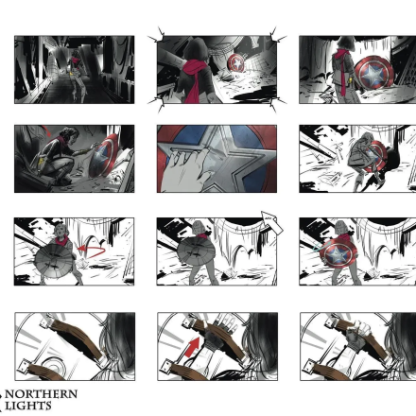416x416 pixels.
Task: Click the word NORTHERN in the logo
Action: point(42,394)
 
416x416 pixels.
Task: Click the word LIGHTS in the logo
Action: point(28,406)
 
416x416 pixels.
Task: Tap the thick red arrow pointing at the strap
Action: point(193,347)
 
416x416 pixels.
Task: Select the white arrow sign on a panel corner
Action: point(271,222)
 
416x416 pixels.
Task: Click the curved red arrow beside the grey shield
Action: point(92,251)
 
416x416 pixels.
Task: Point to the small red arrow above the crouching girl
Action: point(46,130)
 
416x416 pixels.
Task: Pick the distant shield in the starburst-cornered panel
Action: point(235,64)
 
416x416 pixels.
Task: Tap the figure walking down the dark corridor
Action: point(77,76)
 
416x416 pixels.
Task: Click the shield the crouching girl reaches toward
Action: point(103,157)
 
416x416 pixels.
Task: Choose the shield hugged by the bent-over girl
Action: point(375,157)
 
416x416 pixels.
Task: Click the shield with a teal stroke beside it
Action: point(338,253)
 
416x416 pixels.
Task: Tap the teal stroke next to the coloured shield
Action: point(317,248)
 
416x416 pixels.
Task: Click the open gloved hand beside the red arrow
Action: point(220,328)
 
